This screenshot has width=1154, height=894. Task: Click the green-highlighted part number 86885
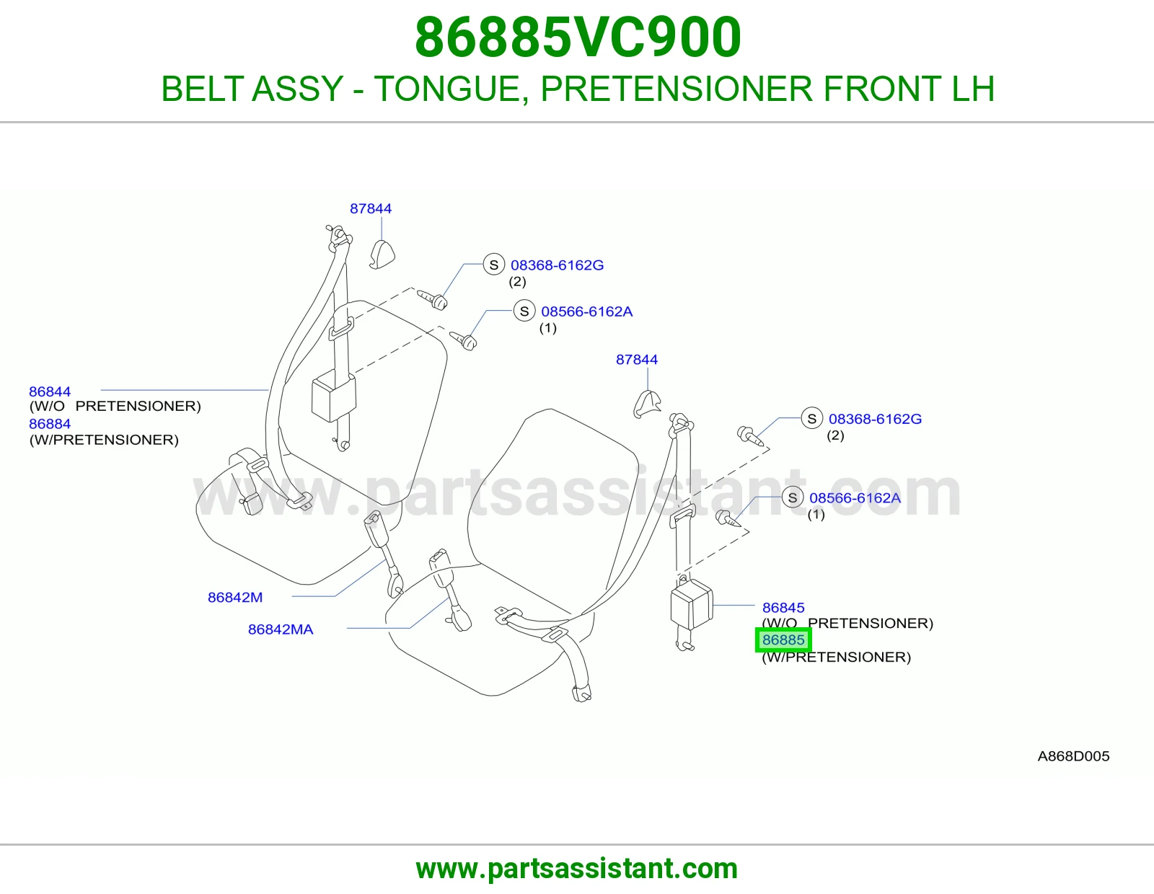coord(783,639)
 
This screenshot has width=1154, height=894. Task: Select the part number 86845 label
coord(783,607)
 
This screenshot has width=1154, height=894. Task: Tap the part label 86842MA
coord(281,629)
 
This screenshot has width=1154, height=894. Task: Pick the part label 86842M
coord(235,597)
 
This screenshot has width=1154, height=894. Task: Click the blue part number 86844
coord(50,391)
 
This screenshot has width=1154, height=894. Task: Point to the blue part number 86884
coord(50,424)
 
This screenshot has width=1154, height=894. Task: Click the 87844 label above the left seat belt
coord(371,208)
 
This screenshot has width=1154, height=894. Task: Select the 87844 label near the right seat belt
coord(637,360)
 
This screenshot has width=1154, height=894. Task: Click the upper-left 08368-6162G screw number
coord(557,265)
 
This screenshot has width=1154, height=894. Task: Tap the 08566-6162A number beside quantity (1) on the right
coord(855,497)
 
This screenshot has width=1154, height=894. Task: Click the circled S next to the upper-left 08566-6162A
coord(524,311)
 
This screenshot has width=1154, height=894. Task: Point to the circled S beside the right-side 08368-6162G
coord(812,418)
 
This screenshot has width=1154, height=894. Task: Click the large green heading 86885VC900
coord(578,37)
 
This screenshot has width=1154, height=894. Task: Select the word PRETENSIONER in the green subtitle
coord(677,89)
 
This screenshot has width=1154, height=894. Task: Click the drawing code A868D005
coord(1073,756)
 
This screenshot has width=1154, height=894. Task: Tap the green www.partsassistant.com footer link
coord(577,869)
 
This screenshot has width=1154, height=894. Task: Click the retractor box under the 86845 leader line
coord(692,604)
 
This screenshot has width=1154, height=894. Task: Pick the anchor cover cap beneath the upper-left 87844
coord(382,255)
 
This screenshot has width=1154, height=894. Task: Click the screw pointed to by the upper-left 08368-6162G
coord(432,299)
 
